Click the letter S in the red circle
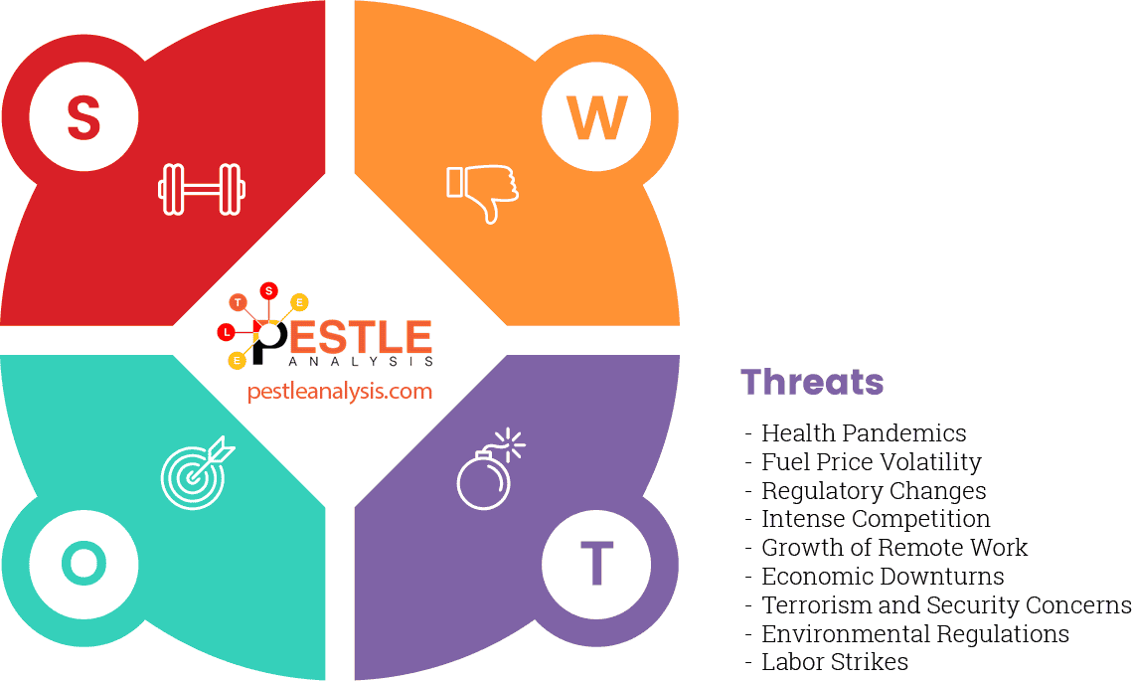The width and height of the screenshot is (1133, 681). (83, 117)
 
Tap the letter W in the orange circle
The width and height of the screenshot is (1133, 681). (596, 118)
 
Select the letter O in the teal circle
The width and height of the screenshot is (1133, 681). (83, 564)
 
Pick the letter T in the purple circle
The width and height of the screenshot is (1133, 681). (596, 564)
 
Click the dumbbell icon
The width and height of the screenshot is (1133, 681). (202, 188)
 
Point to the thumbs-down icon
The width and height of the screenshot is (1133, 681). (483, 191)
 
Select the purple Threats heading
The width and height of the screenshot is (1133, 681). (812, 382)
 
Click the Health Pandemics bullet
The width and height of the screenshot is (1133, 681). (863, 433)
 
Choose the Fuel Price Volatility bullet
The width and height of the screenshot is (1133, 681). (871, 462)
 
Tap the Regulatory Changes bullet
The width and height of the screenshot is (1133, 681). (873, 491)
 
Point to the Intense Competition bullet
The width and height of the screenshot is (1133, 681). (875, 519)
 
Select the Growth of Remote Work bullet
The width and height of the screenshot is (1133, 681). (893, 548)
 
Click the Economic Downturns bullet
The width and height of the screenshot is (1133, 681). (882, 577)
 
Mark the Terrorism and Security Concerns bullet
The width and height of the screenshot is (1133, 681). (945, 605)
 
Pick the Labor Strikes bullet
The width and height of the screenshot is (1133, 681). (834, 662)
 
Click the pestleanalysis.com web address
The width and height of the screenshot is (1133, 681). (340, 391)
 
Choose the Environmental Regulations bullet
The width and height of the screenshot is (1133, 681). (914, 634)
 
